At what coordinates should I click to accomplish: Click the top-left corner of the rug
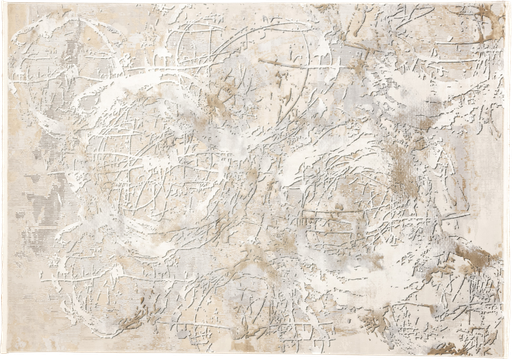pyautogui.click(x=3, y=3)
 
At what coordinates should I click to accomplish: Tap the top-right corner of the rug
pyautogui.click(x=509, y=3)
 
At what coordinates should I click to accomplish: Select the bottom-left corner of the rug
pyautogui.click(x=3, y=357)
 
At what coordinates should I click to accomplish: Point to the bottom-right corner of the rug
pyautogui.click(x=509, y=357)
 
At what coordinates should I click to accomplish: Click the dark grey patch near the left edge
pyautogui.click(x=42, y=205)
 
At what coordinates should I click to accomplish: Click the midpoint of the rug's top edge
pyautogui.click(x=256, y=3)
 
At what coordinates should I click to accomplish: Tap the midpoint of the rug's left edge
pyautogui.click(x=3, y=180)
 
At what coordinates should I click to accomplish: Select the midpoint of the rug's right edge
pyautogui.click(x=509, y=180)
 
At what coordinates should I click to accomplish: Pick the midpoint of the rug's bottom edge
pyautogui.click(x=256, y=357)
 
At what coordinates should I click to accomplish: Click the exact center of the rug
pyautogui.click(x=256, y=180)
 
